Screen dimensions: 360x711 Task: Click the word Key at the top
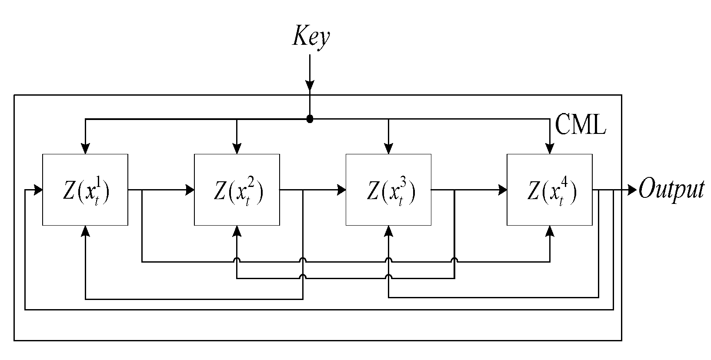pos(310,37)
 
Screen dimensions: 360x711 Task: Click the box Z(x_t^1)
pos(85,190)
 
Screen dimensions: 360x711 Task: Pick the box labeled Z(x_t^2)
pos(237,190)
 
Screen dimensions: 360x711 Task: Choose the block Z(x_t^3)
pos(388,190)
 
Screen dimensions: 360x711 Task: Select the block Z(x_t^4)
pos(550,190)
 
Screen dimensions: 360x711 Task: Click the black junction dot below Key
pos(310,119)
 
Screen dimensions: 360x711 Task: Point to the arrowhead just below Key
pos(310,86)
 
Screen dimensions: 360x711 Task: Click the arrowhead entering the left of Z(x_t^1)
pos(38,190)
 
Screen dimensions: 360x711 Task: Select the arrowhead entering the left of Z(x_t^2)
pos(190,190)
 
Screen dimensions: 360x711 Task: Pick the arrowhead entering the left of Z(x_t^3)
pos(341,190)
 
